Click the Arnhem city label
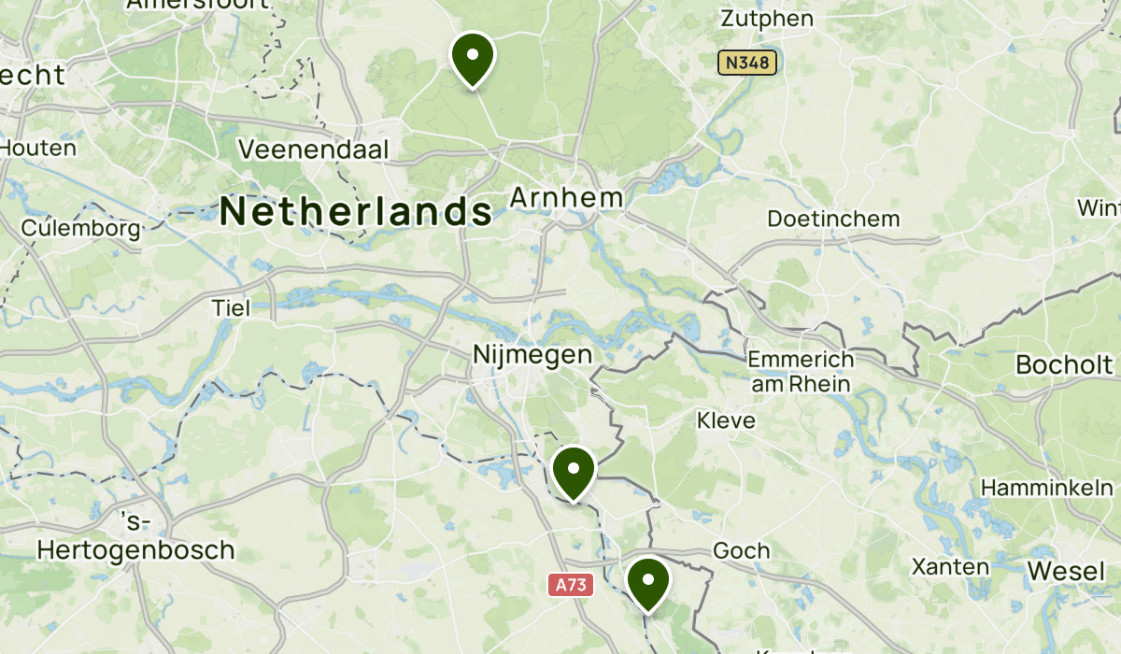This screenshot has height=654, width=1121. pyautogui.click(x=566, y=198)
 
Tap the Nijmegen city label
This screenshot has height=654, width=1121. pyautogui.click(x=532, y=355)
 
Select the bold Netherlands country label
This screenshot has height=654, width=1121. pyautogui.click(x=356, y=211)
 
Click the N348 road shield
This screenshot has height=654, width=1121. pyautogui.click(x=747, y=63)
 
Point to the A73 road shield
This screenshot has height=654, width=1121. pyautogui.click(x=570, y=585)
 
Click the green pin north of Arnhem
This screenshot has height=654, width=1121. pyautogui.click(x=473, y=59)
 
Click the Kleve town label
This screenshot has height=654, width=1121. pyautogui.click(x=726, y=420)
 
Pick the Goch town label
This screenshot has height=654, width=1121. pyautogui.click(x=741, y=550)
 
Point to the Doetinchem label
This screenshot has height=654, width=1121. pyautogui.click(x=833, y=219)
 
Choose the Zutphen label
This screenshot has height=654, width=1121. pyautogui.click(x=767, y=19)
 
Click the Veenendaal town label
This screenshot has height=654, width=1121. pyautogui.click(x=313, y=149)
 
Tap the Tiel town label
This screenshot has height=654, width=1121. pyautogui.click(x=231, y=307)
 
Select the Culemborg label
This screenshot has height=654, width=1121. pyautogui.click(x=81, y=228)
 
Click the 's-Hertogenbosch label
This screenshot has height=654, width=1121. pyautogui.click(x=135, y=537)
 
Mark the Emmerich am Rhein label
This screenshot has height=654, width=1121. pyautogui.click(x=801, y=371)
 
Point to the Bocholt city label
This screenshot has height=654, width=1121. pyautogui.click(x=1064, y=364)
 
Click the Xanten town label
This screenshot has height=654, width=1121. pyautogui.click(x=950, y=566)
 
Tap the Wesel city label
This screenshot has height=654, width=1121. pyautogui.click(x=1066, y=571)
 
